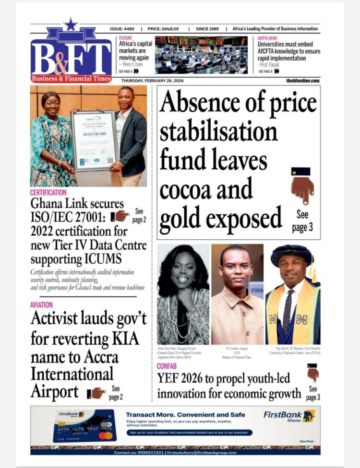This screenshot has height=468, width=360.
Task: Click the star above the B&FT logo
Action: [x=71, y=24]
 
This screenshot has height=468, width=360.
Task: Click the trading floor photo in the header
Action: [x=201, y=54]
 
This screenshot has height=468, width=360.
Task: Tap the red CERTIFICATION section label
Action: [x=48, y=192]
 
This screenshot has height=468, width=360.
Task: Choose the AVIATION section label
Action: [x=41, y=304]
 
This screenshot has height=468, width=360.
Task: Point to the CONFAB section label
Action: [x=168, y=366]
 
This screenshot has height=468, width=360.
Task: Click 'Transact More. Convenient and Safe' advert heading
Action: [x=185, y=414]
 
